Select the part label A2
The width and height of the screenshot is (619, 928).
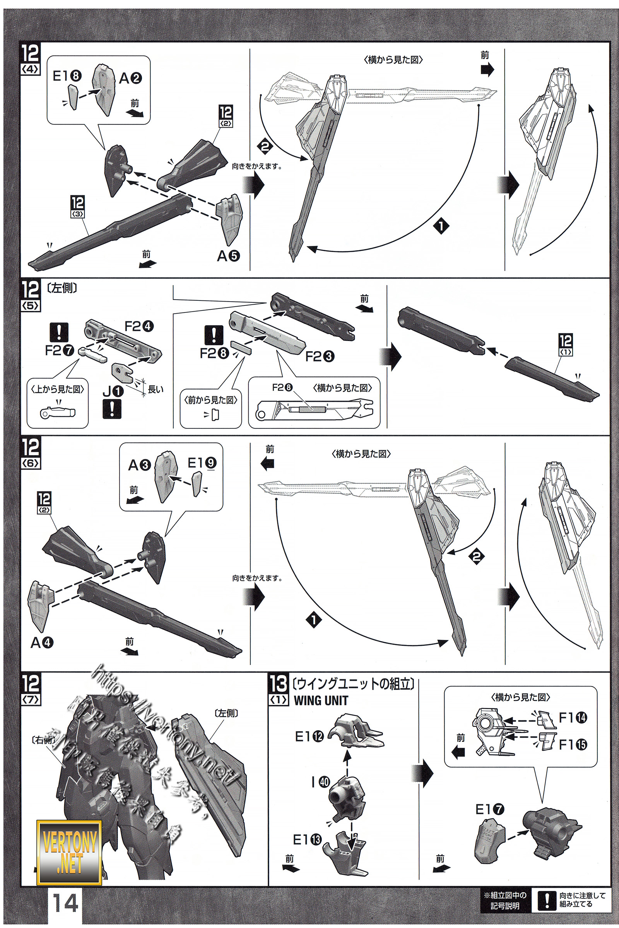pos(130,78)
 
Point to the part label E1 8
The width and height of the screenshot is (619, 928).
pos(67,76)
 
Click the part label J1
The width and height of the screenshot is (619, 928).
pos(113,391)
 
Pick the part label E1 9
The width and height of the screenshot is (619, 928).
pos(202,462)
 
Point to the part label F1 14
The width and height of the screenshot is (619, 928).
pos(573,718)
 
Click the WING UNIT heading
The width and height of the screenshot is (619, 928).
pos(321,701)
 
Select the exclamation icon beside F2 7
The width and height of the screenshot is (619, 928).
pos(60,332)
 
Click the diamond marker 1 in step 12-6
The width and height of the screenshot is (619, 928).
pos(314,620)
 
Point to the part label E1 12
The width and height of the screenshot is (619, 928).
pos(309,736)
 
